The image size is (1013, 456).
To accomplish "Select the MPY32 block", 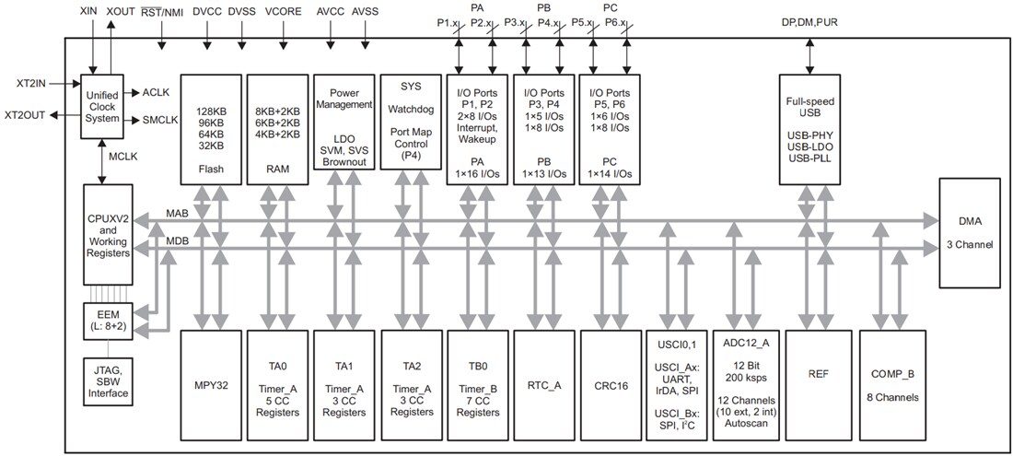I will pos(211,386).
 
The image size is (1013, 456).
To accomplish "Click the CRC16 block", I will pos(611,386).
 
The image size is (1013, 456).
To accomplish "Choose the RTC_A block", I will pos(544,386).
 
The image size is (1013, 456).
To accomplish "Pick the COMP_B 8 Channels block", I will pos(891,386).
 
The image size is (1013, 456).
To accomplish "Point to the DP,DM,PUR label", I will pos(809,21).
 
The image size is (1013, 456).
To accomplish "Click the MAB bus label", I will pos(178,214).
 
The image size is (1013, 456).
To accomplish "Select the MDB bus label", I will pos(178,240).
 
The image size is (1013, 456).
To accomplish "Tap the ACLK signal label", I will pos(157,92).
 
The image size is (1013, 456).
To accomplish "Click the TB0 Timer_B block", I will pos(477,386).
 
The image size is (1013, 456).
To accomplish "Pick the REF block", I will pos(816,386).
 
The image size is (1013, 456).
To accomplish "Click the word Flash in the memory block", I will pos(212,170).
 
